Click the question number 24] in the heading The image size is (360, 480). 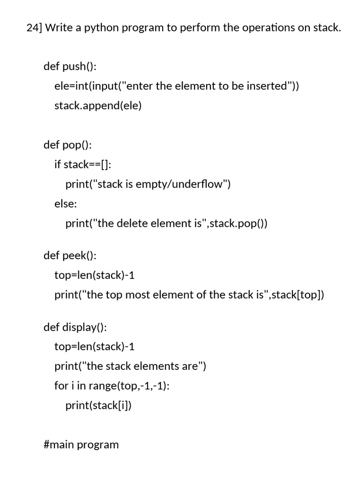click(x=34, y=28)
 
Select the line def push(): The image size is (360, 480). click(x=70, y=66)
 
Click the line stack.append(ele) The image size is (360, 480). click(x=97, y=105)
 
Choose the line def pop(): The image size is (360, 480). click(x=67, y=144)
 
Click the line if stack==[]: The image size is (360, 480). click(x=83, y=164)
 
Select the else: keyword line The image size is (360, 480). click(x=66, y=203)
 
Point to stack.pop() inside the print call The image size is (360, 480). click(x=236, y=223)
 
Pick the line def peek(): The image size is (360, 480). click(x=70, y=255)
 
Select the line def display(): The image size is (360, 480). click(x=75, y=327)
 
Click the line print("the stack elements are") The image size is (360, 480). click(x=130, y=366)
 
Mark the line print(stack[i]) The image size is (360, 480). click(x=98, y=405)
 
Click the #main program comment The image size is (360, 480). click(x=81, y=444)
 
